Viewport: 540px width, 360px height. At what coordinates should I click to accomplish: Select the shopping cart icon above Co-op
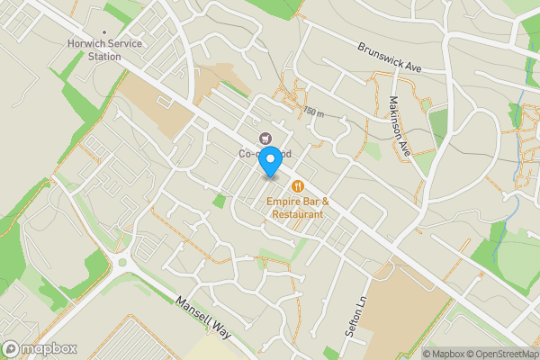tap(265, 138)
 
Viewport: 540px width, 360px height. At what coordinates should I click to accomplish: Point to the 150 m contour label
tap(312, 112)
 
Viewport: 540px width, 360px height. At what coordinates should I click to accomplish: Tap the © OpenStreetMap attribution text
tap(499, 354)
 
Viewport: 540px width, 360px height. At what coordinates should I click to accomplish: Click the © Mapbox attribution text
tap(443, 354)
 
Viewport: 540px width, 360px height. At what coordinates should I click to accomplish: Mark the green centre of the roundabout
tap(121, 263)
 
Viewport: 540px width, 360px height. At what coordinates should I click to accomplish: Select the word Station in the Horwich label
tap(104, 57)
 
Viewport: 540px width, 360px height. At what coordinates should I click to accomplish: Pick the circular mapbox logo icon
tap(11, 349)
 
